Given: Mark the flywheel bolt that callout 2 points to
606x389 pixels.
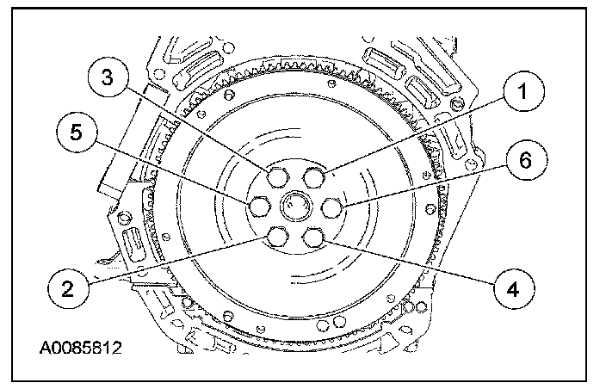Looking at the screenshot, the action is [x=278, y=237].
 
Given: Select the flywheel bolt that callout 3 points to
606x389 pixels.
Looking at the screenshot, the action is [x=278, y=177].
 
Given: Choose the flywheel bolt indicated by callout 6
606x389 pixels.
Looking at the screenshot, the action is [x=332, y=207].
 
